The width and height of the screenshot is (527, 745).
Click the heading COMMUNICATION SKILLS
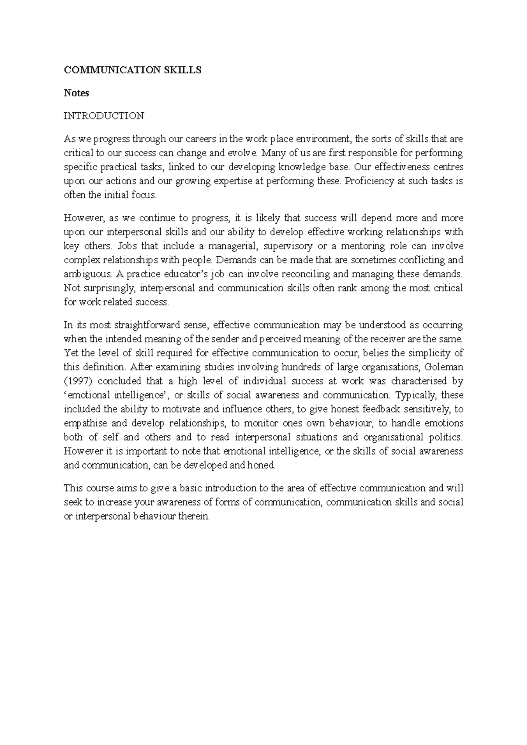click(x=133, y=70)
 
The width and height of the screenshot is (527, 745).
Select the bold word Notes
click(x=76, y=93)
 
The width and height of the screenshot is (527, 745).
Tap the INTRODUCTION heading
click(x=104, y=116)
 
